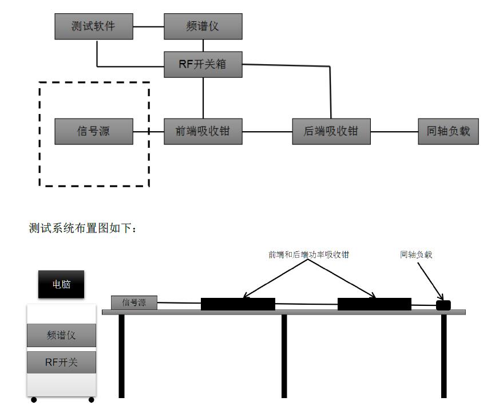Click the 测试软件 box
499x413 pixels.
click(94, 26)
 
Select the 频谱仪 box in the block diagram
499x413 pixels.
click(203, 26)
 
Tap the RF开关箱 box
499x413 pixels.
click(203, 64)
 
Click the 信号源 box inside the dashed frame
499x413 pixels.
click(94, 131)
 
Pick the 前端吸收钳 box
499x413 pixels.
click(203, 131)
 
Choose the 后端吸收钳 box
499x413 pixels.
click(331, 131)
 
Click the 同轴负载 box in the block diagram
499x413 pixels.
click(448, 131)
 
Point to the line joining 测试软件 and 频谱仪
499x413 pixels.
click(149, 26)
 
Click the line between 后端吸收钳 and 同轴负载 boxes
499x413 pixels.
click(394, 131)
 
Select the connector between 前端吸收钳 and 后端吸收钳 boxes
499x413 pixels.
click(267, 131)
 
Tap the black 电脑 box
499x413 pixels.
click(61, 284)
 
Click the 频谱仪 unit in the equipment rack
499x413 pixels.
click(61, 335)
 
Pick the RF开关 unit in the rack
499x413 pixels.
click(61, 363)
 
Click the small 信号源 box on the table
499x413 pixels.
click(134, 302)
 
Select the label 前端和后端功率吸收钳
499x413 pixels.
click(308, 255)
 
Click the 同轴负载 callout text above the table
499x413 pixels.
click(416, 255)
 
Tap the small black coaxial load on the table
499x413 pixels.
click(443, 305)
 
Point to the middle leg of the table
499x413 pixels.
click(284, 355)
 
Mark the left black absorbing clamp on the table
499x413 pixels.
click(237, 304)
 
